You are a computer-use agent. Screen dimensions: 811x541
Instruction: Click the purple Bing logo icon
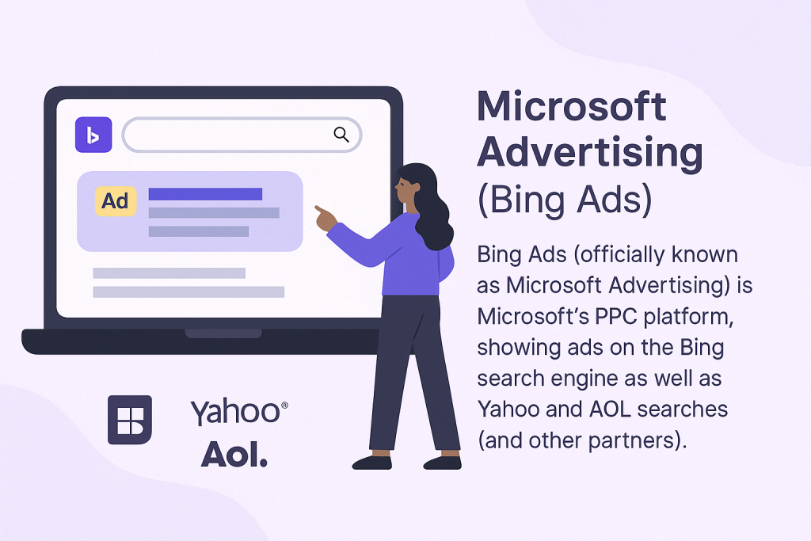93,135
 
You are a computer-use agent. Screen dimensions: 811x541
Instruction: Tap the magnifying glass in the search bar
341,135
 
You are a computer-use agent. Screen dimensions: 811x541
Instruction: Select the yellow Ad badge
116,200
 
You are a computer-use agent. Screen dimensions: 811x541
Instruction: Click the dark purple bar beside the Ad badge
205,194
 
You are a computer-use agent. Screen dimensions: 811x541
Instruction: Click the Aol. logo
234,455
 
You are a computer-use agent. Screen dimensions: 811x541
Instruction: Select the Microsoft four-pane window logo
130,420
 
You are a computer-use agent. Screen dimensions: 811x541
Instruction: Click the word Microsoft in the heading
572,107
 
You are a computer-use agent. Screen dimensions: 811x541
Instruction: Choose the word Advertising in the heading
589,153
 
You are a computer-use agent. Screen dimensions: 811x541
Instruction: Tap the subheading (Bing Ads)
565,200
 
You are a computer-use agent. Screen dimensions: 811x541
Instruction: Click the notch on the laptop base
223,333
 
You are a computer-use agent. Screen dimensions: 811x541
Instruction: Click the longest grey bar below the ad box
188,291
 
